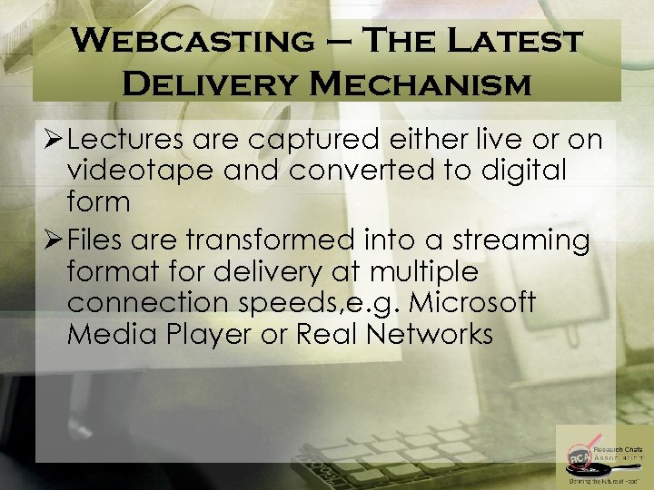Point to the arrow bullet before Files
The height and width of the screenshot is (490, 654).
pyautogui.click(x=53, y=241)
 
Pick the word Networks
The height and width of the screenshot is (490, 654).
pyautogui.click(x=431, y=335)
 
